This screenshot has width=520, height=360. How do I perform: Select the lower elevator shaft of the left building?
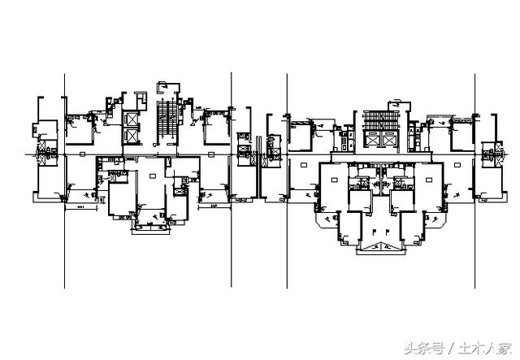pyautogui.click(x=130, y=139)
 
